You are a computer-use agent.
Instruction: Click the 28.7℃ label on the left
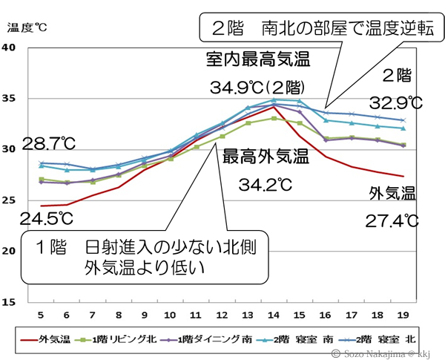[49, 142]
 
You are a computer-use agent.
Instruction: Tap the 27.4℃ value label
[392, 221]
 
